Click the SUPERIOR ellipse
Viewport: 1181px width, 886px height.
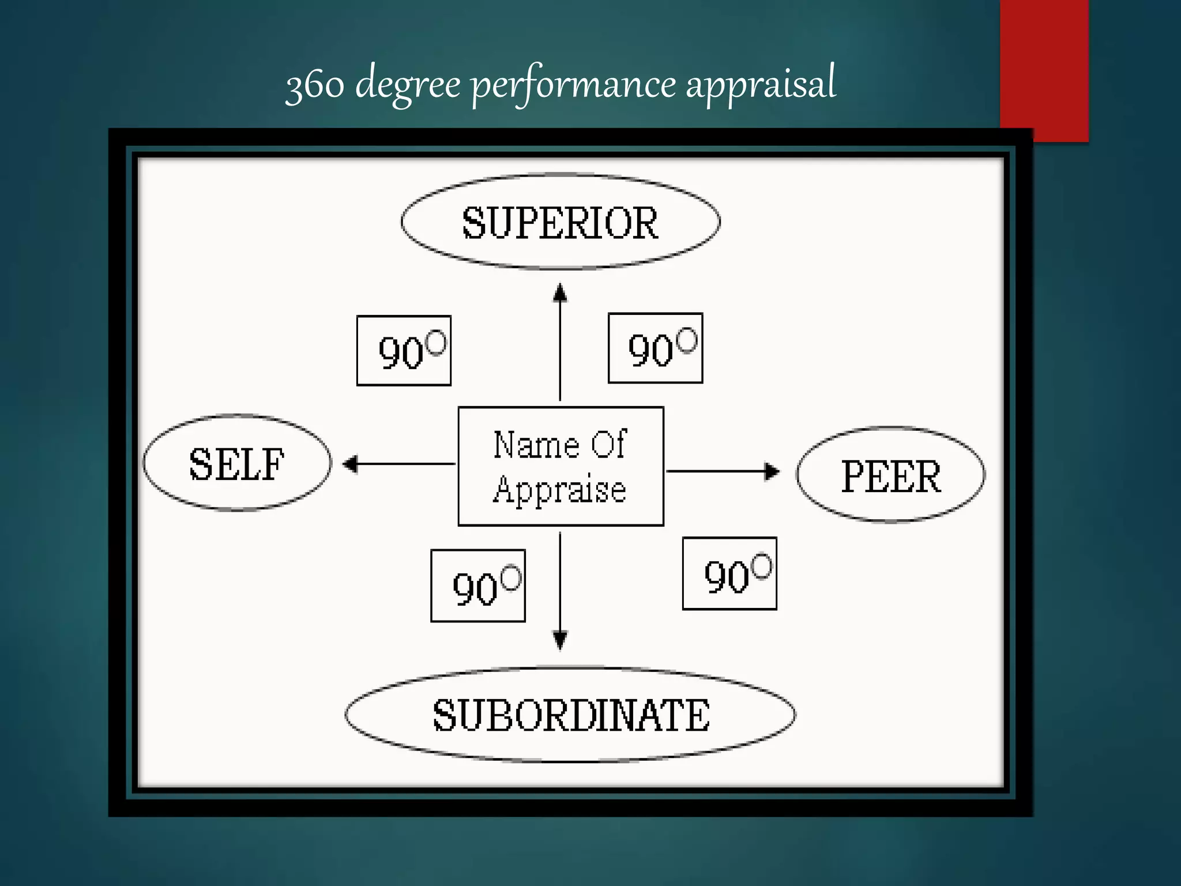[x=561, y=221]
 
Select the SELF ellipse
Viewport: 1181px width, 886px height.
[x=237, y=463]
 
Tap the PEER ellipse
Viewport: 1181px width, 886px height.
[x=891, y=475]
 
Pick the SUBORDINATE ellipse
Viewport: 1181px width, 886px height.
[x=570, y=715]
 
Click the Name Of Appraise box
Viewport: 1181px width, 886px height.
[x=561, y=466]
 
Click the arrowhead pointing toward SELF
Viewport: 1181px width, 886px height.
[x=350, y=463]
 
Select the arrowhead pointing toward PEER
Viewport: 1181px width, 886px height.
[x=772, y=471]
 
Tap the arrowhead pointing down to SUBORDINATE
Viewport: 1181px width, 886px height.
[x=560, y=640]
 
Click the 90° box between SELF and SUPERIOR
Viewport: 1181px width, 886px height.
[x=404, y=350]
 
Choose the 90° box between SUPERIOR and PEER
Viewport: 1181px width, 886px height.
[x=656, y=348]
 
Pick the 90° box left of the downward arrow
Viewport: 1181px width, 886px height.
[x=478, y=585]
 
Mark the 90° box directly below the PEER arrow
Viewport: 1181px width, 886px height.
[x=729, y=573]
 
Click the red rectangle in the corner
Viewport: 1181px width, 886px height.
[x=1044, y=69]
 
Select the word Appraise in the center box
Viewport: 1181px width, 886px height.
[x=559, y=490]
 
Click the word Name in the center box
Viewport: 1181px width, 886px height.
[x=536, y=445]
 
